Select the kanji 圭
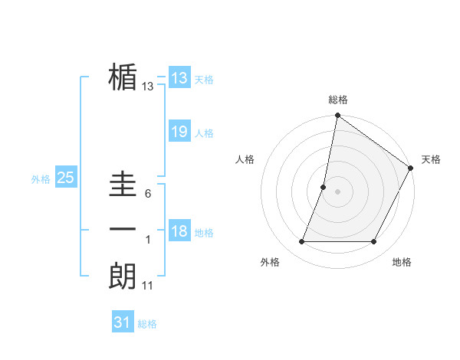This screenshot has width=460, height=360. pyautogui.click(x=123, y=184)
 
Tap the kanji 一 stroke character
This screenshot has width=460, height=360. pyautogui.click(x=123, y=230)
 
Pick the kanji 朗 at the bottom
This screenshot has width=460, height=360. pyautogui.click(x=123, y=274)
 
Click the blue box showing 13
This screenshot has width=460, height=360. pyautogui.click(x=179, y=77)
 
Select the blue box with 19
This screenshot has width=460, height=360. pyautogui.click(x=179, y=132)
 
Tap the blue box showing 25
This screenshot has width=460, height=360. pyautogui.click(x=66, y=178)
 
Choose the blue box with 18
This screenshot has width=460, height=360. pyautogui.click(x=179, y=231)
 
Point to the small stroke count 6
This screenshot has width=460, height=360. pyautogui.click(x=147, y=194)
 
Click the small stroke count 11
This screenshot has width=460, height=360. pyautogui.click(x=148, y=286)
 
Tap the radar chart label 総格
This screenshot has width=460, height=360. pyautogui.click(x=337, y=100)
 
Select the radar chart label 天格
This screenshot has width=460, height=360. pyautogui.click(x=431, y=159)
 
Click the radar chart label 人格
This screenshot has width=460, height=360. pyautogui.click(x=245, y=159)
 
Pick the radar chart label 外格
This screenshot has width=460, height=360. pyautogui.click(x=270, y=262)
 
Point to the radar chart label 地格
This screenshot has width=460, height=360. pyautogui.click(x=402, y=262)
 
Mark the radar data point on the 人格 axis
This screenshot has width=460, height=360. pyautogui.click(x=324, y=187)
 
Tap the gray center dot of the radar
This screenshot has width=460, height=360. pyautogui.click(x=337, y=191)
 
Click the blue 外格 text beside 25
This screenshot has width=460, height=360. pyautogui.click(x=41, y=179)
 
